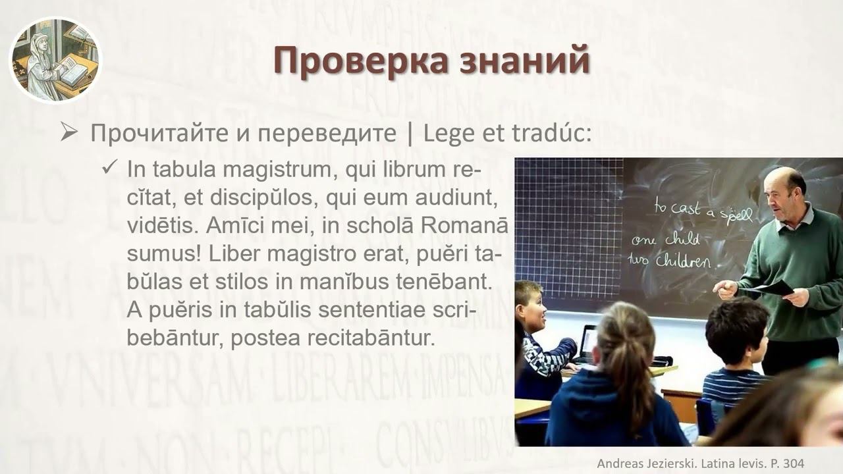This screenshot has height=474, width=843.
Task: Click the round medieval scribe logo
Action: pyautogui.click(x=55, y=60)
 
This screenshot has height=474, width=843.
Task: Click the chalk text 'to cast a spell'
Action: pyautogui.click(x=703, y=210)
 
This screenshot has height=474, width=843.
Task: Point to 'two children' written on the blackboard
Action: pyautogui.click(x=672, y=261)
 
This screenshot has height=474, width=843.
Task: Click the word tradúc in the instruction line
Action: pyautogui.click(x=551, y=134)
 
